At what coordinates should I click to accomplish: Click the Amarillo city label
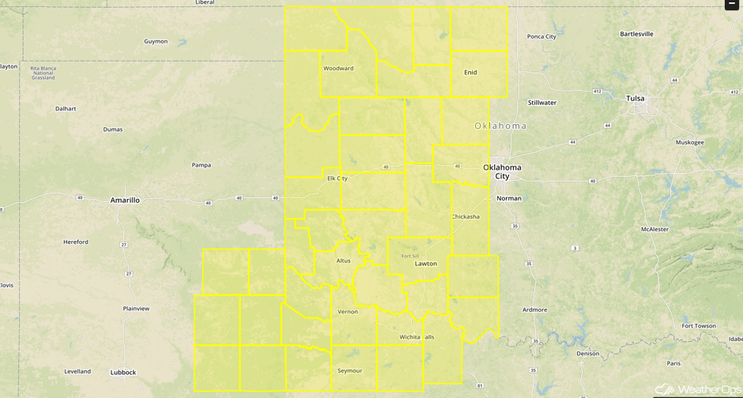125,201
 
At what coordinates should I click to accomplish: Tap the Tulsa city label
636,99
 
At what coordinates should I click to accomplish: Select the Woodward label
338,69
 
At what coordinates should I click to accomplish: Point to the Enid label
470,73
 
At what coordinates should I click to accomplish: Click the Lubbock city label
123,372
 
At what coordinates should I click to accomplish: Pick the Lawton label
426,264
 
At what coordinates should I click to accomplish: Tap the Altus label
343,261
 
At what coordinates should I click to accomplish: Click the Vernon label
348,312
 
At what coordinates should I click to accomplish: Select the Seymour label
349,370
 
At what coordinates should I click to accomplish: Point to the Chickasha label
466,216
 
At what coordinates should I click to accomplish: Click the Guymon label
156,41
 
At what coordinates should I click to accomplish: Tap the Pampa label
202,165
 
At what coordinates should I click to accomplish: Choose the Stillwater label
542,103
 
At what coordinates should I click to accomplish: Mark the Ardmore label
534,310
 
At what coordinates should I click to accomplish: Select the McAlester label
654,229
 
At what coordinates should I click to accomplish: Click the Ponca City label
541,36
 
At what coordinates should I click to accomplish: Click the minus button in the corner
732,5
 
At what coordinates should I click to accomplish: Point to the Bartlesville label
636,34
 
